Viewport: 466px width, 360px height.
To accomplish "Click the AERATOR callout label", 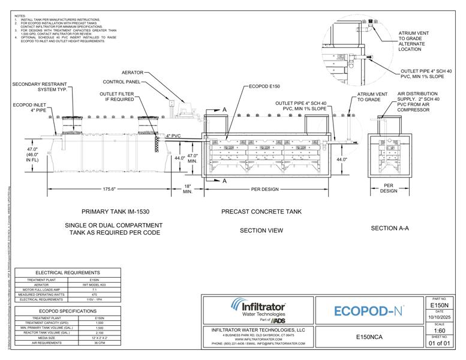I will (x=133, y=73).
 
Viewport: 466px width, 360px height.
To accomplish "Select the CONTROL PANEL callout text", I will (x=122, y=82).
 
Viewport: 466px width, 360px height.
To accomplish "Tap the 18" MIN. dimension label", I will (x=188, y=190).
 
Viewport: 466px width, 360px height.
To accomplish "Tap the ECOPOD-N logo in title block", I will (x=366, y=311).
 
